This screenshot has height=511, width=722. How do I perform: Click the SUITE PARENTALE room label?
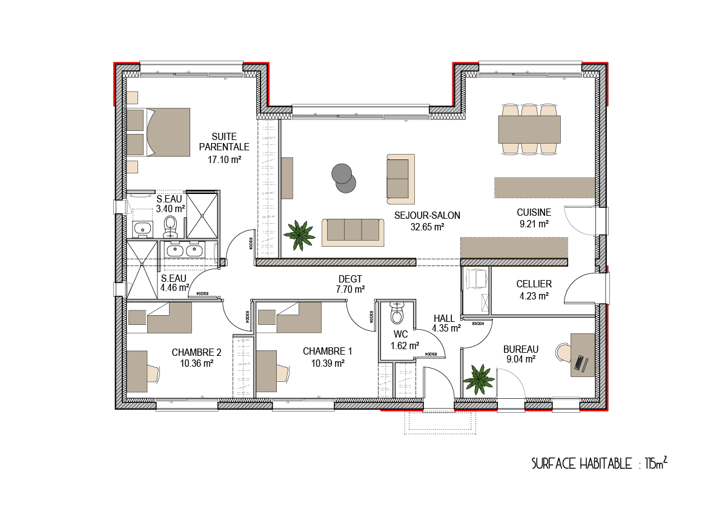point(224,142)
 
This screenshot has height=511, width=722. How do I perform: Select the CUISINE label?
point(534,212)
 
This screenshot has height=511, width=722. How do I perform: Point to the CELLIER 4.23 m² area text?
point(534,296)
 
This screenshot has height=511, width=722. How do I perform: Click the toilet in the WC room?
point(397,313)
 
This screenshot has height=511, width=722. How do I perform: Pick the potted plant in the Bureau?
point(479,379)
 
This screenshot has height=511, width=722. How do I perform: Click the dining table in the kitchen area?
point(529,129)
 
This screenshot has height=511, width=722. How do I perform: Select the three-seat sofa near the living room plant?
point(353,232)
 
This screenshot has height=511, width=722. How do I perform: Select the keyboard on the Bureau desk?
point(580,363)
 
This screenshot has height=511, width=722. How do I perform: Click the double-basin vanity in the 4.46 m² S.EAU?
point(184,250)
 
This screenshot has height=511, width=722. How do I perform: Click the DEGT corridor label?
point(350,279)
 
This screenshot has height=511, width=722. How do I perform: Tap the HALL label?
point(444,318)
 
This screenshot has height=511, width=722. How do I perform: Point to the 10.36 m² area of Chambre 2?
point(196,364)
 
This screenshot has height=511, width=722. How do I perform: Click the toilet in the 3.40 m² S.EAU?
point(171,225)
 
